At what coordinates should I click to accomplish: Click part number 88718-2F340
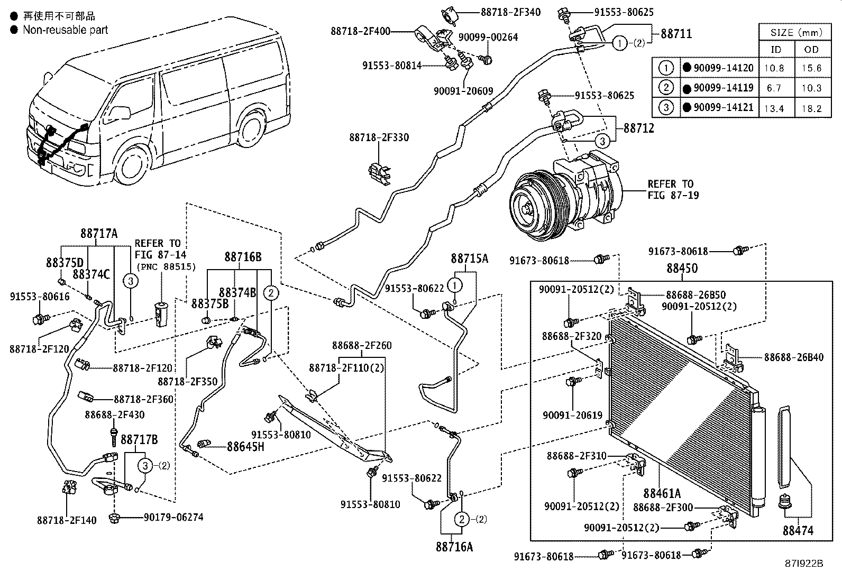tap(510, 12)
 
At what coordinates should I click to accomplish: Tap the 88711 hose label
tap(676, 34)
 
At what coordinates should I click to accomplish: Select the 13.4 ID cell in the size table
tap(774, 108)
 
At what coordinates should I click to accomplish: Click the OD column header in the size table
tap(811, 50)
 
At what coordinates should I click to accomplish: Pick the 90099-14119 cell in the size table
tap(723, 88)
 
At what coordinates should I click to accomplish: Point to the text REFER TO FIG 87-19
tap(673, 189)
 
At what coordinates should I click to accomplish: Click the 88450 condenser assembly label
tap(682, 269)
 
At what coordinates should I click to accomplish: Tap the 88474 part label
tap(798, 531)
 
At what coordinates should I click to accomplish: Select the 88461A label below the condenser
tap(662, 493)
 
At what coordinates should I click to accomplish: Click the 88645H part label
tap(245, 447)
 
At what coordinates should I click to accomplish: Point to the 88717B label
tap(139, 439)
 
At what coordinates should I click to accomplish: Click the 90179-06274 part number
tap(173, 518)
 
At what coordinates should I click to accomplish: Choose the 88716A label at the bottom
tap(454, 547)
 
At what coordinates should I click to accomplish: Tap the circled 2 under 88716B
tap(271, 293)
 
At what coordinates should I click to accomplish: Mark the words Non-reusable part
tap(66, 30)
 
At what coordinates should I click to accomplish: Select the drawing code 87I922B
tap(804, 564)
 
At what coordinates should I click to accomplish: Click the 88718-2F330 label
tap(379, 137)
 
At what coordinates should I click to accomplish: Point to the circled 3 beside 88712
tap(602, 141)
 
